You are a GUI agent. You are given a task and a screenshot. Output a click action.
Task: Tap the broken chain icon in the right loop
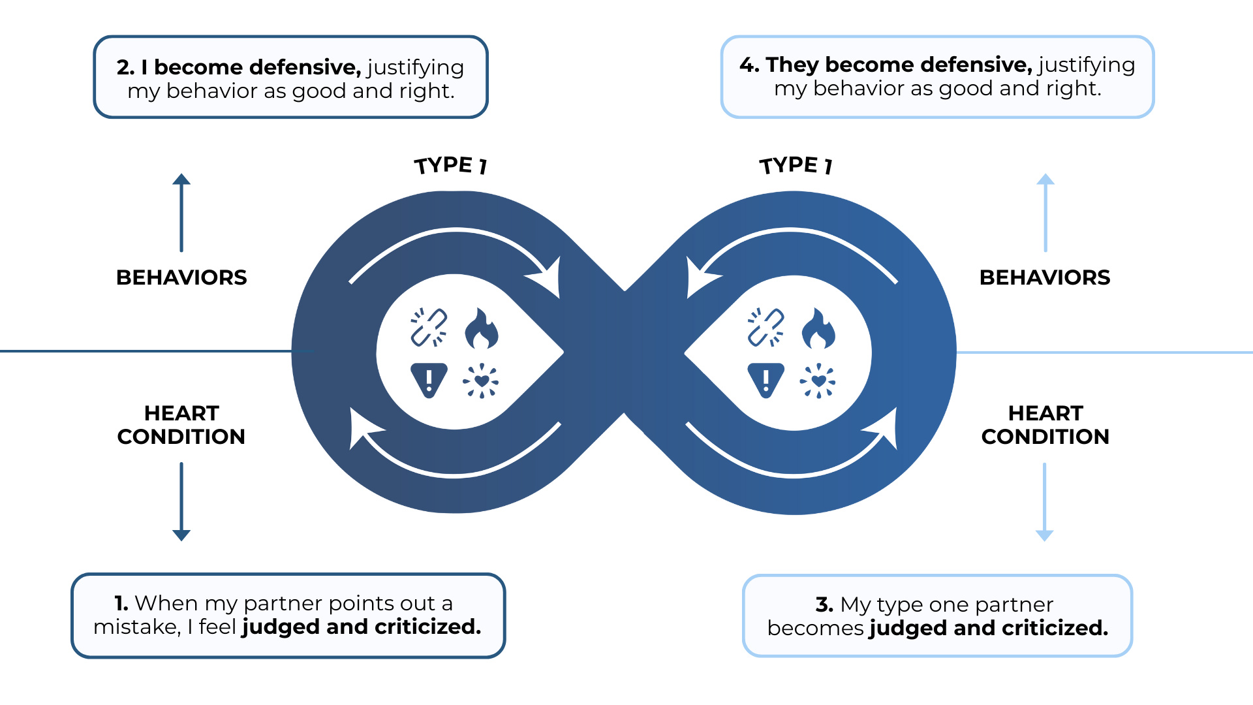(766, 327)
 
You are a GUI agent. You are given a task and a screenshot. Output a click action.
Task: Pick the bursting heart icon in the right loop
(818, 381)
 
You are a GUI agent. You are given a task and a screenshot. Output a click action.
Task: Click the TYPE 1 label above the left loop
(450, 165)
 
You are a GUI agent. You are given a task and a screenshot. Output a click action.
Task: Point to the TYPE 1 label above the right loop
(796, 165)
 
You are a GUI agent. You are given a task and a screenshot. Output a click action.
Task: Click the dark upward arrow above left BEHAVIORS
(181, 212)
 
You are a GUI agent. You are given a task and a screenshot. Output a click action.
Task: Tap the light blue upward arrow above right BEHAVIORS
(1045, 212)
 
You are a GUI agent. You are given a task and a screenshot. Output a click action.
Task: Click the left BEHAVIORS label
(181, 277)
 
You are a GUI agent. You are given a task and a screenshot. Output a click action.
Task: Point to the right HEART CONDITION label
(1045, 425)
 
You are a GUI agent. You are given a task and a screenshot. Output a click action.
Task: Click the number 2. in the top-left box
(126, 67)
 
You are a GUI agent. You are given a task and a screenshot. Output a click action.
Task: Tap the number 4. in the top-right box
(749, 65)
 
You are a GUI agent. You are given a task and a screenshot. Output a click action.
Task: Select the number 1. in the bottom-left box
(121, 603)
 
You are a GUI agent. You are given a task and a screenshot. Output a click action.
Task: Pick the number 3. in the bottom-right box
(824, 604)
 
